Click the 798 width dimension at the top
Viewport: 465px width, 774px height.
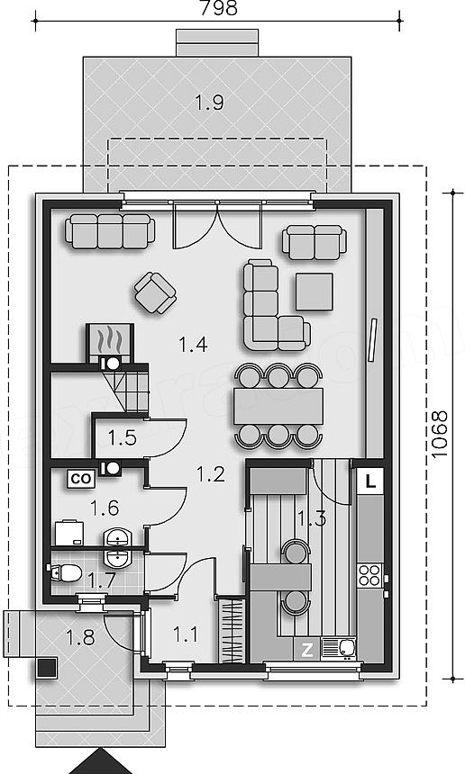pyautogui.click(x=218, y=8)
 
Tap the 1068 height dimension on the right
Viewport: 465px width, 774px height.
pyautogui.click(x=439, y=435)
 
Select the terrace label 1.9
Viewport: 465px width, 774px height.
pyautogui.click(x=209, y=103)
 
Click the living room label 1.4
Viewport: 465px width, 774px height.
pyautogui.click(x=193, y=344)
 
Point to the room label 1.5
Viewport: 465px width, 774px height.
pyautogui.click(x=122, y=437)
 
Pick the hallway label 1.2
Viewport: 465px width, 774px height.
pyautogui.click(x=211, y=474)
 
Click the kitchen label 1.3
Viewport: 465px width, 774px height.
pyautogui.click(x=312, y=517)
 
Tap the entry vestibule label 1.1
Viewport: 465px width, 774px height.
pyautogui.click(x=186, y=634)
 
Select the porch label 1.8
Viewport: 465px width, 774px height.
pyautogui.click(x=80, y=637)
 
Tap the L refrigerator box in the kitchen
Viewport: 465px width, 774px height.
pyautogui.click(x=370, y=481)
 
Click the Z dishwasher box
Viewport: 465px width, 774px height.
pyautogui.click(x=307, y=650)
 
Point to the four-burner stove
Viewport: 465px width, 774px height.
pyautogui.click(x=369, y=575)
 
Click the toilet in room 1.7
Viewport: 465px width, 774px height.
pyautogui.click(x=66, y=573)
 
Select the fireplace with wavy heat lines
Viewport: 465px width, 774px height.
pyautogui.click(x=110, y=339)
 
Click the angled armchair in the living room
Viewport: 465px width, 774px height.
pyautogui.click(x=155, y=292)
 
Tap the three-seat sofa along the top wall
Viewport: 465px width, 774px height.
pyautogui.click(x=110, y=231)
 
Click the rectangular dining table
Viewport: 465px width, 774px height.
pyautogui.click(x=278, y=406)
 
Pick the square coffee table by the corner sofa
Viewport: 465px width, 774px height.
pyautogui.click(x=315, y=292)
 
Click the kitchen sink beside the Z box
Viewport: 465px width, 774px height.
pyautogui.click(x=339, y=649)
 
